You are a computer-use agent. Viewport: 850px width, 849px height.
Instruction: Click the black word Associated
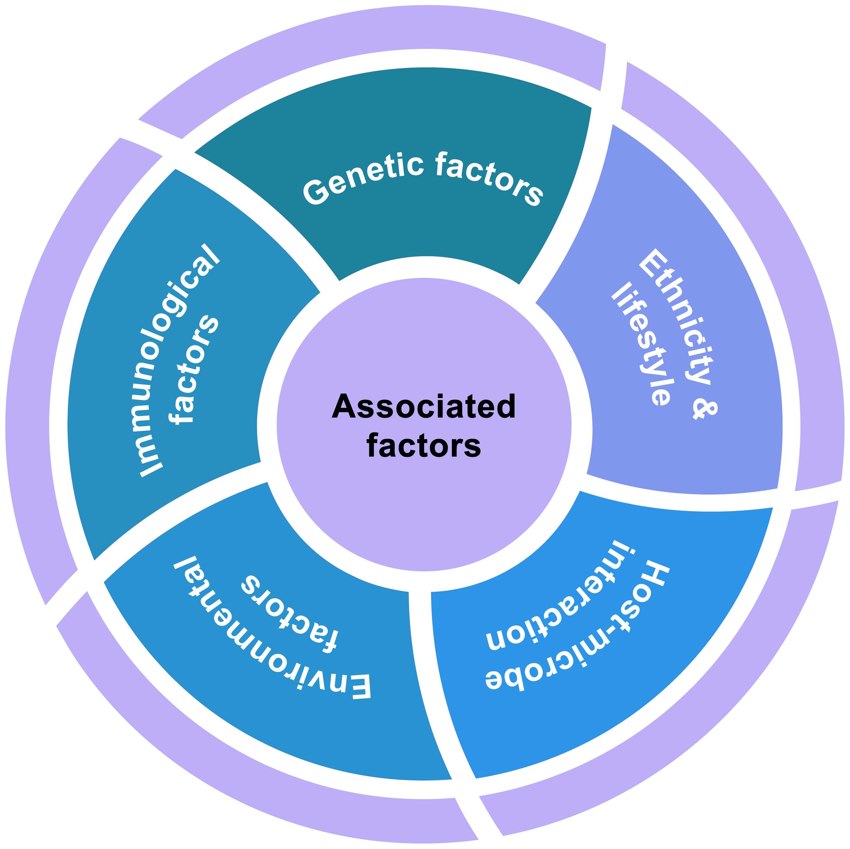[424, 406]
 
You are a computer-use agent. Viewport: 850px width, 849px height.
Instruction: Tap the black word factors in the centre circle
[424, 445]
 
